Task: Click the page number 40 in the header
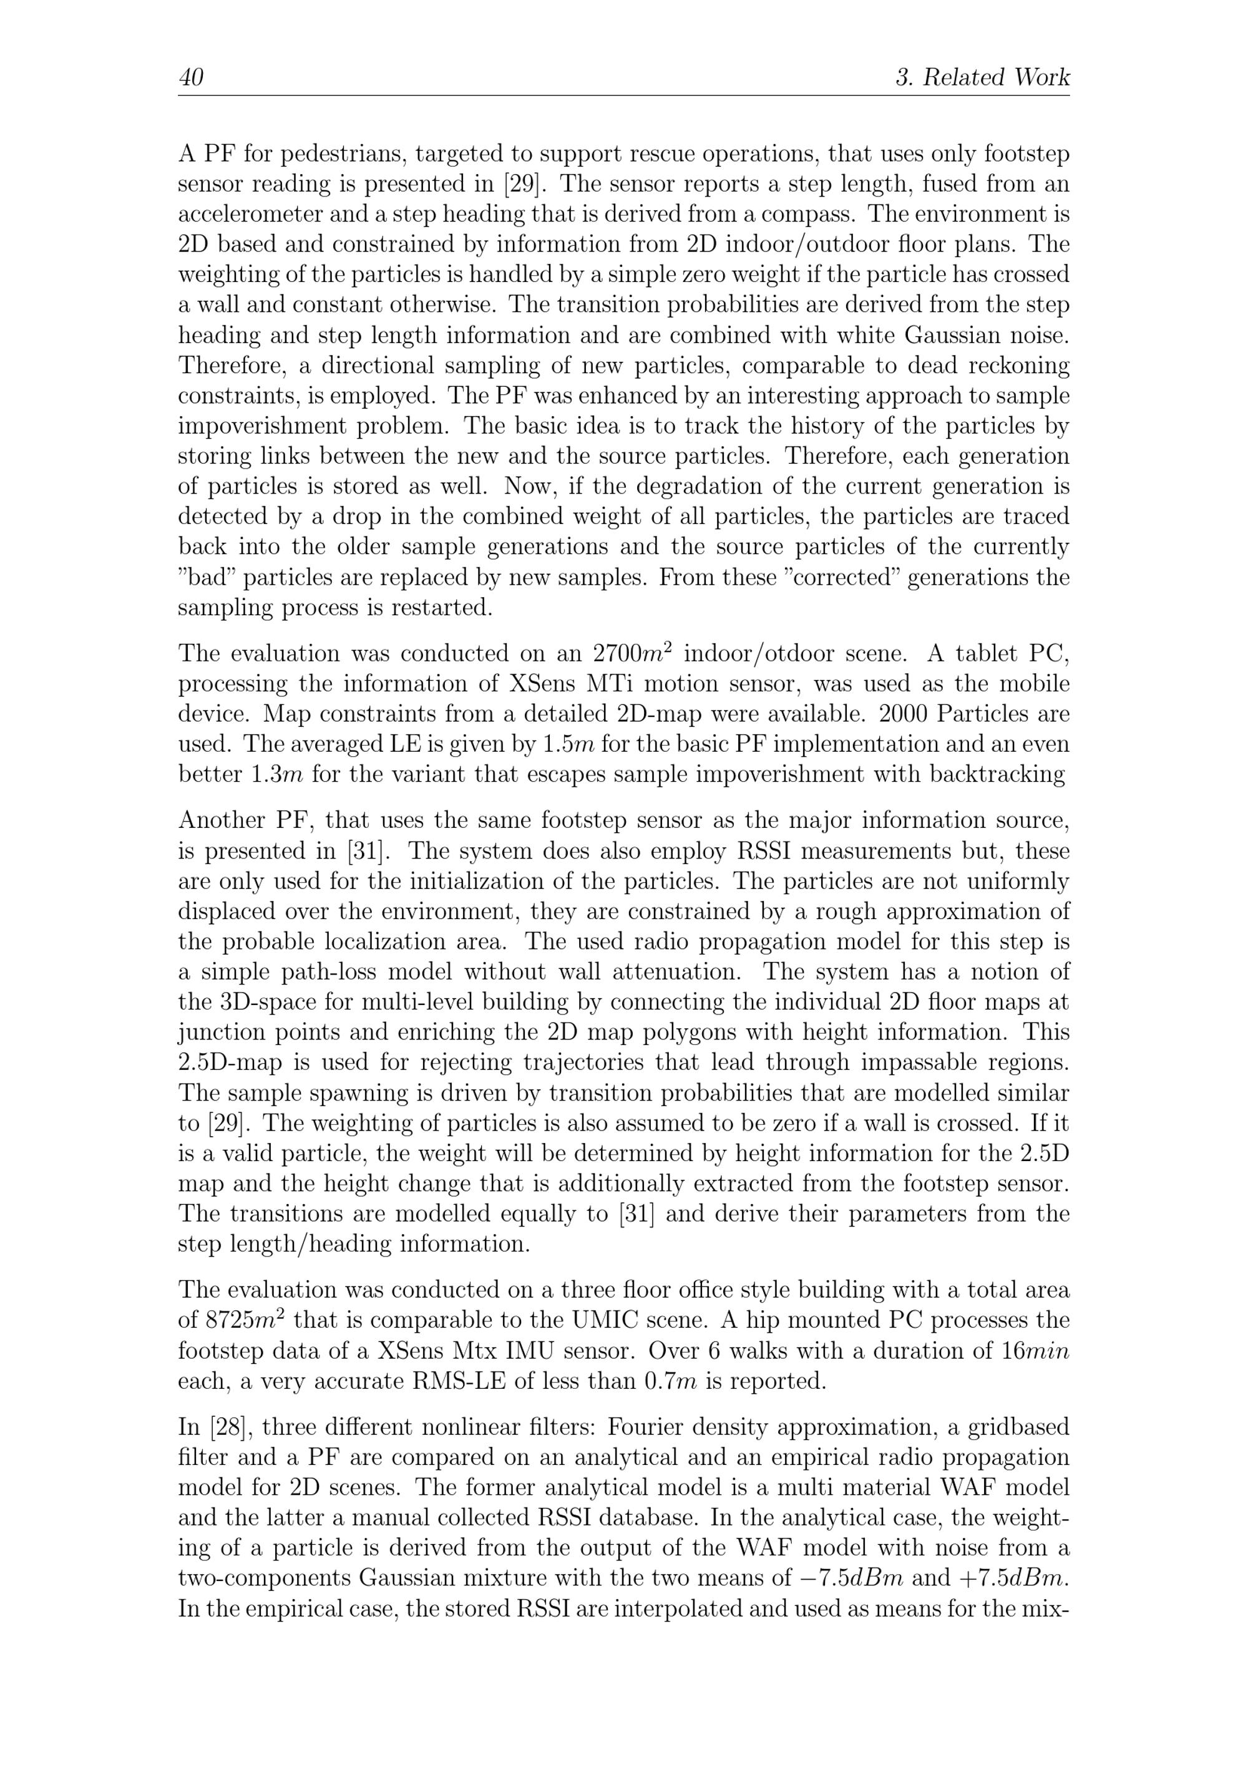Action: (x=191, y=77)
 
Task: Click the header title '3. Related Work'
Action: (x=982, y=77)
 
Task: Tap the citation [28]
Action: (x=225, y=1427)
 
